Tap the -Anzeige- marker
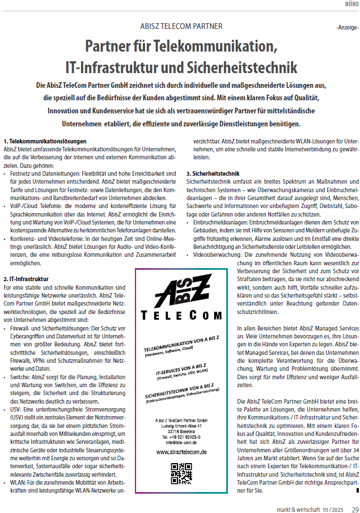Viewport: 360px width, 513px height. coord(346,27)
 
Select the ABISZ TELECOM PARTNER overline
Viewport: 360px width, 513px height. coord(181,26)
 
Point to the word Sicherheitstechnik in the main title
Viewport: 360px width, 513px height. coord(241,67)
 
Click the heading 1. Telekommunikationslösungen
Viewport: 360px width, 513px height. coord(45,141)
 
